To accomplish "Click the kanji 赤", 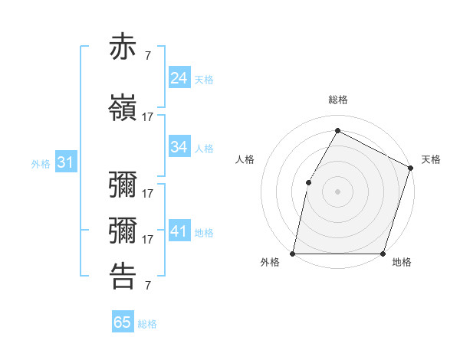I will coord(123,47).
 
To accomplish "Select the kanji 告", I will coord(123,277).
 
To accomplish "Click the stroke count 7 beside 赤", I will coord(147,55).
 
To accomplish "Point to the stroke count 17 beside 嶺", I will coord(148,117).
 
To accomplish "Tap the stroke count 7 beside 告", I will coord(147,286).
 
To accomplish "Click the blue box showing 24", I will coord(179,77).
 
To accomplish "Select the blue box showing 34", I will coord(179,147).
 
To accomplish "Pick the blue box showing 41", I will coord(179,231).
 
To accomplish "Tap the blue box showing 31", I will coord(65,162).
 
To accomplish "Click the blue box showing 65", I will coord(123,322).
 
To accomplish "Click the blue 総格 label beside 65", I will coord(147,324).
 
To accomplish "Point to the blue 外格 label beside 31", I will coord(41,163).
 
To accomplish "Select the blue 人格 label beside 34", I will coord(204,149).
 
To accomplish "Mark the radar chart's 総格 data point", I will coord(337,130).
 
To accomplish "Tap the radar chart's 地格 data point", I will coord(383,253).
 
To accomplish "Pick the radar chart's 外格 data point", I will coord(293,253).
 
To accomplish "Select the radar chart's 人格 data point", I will coord(308,182).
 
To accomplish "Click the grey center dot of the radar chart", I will coord(337,191).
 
